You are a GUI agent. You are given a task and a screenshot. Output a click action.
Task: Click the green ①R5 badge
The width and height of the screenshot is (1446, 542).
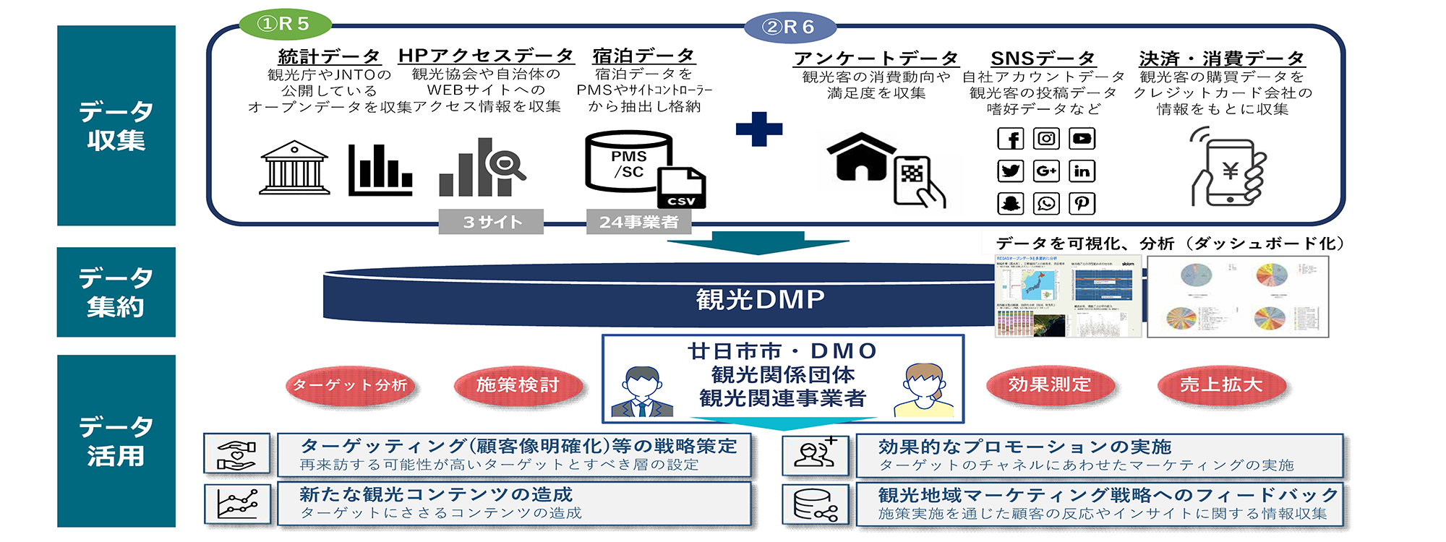(283, 24)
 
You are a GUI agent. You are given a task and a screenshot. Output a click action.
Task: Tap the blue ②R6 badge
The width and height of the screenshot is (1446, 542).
(790, 27)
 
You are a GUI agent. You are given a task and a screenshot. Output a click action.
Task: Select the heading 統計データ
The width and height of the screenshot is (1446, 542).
(329, 56)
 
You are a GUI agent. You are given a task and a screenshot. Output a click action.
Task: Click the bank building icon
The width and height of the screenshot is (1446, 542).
(294, 168)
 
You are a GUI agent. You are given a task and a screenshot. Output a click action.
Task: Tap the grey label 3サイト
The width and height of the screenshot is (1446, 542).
(491, 222)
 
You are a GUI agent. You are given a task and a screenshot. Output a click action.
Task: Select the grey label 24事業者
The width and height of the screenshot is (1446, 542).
(638, 222)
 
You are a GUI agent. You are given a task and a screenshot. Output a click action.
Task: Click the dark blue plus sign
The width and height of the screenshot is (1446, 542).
(758, 129)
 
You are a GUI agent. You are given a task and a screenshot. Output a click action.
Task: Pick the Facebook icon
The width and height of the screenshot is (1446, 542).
(1010, 139)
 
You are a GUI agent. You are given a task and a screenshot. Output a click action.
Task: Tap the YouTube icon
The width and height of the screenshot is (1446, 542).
(1082, 139)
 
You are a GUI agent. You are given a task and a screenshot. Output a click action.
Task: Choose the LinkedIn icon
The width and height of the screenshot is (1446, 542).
(1082, 171)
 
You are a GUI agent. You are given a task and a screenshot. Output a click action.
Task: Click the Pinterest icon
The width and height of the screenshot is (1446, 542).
(1082, 203)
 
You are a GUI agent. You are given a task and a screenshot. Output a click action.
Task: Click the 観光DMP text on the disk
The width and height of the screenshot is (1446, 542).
(760, 299)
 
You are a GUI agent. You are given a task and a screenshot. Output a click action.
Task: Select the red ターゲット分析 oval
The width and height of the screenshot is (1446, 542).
(351, 385)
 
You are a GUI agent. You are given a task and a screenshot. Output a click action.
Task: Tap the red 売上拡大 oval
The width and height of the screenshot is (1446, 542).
(1221, 385)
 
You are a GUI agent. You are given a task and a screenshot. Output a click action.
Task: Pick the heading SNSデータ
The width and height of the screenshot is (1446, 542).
(1042, 59)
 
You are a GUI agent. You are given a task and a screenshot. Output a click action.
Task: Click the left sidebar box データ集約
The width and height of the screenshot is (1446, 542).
(116, 292)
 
